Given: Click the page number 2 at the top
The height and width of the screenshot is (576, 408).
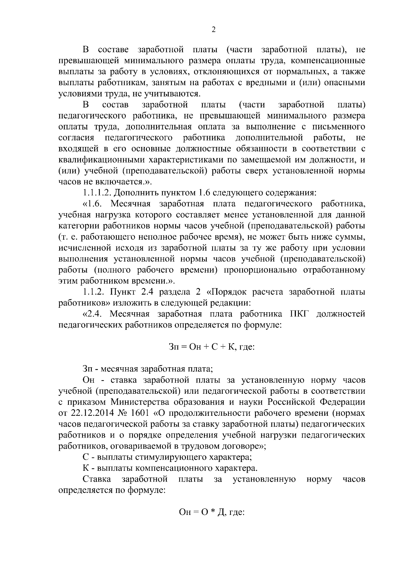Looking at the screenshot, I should pos(214,30).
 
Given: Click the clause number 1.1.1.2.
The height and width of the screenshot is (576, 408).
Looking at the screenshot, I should pos(97,193).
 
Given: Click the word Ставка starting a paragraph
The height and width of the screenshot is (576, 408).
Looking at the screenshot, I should pos(97,479).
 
